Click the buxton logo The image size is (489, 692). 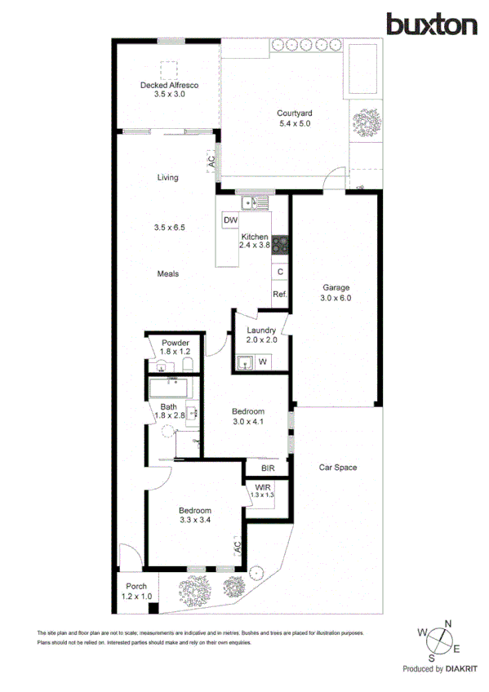pos(432,24)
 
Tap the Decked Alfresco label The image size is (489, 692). pos(170,85)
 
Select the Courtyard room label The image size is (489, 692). pos(295,113)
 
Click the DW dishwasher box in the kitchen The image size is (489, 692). pos(229,220)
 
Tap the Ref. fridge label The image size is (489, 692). pos(279,294)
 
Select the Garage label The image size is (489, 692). pos(336,288)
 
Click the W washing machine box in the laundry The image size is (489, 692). pos(263,360)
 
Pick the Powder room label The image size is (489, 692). pos(176,343)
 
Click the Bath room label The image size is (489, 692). pos(169,407)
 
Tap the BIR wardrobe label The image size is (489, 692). pos(268,469)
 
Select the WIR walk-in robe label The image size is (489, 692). pos(262,488)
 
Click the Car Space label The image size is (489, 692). pos(338,468)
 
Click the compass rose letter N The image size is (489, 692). pos(447,623)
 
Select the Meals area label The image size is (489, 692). pos(168,274)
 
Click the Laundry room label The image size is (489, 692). pos(261,330)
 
